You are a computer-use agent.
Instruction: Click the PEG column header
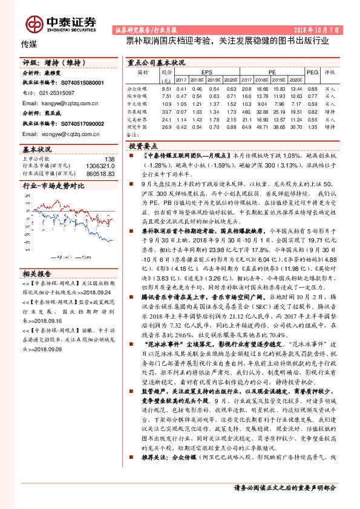(312, 72)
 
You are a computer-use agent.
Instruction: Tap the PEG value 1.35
(312, 127)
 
